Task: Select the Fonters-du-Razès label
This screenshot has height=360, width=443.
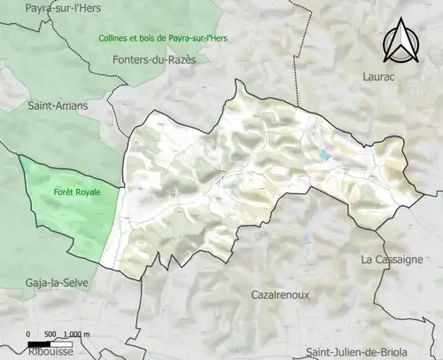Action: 156,59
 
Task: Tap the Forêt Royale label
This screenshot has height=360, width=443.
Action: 77,192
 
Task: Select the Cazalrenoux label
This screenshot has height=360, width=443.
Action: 280,294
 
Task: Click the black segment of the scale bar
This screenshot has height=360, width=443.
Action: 38,343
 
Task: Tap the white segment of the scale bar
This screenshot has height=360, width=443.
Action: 60,343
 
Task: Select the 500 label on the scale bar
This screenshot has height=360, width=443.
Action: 51,333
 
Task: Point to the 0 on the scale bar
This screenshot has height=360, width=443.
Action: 28,333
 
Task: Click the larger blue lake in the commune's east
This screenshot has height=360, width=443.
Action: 325,154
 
